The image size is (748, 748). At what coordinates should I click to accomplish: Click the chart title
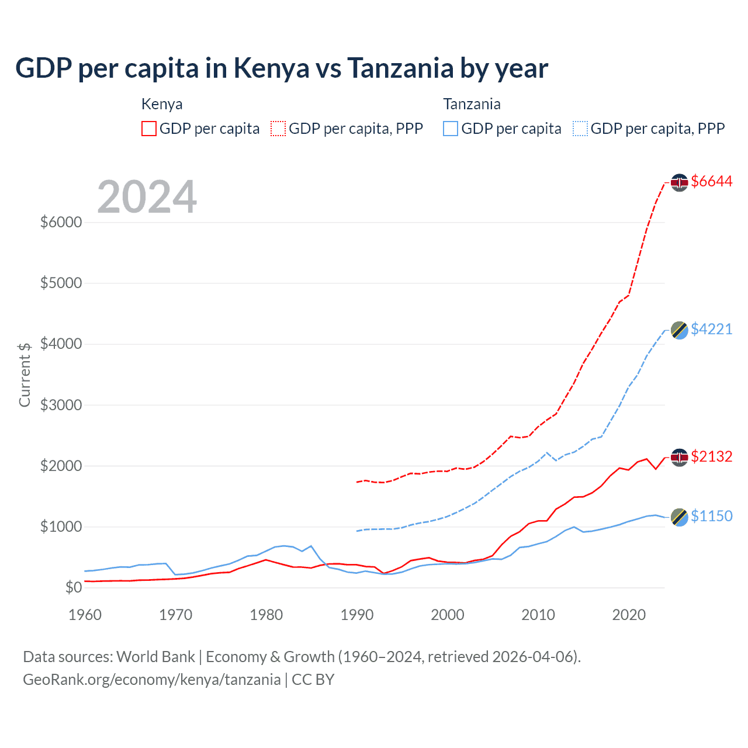pyautogui.click(x=282, y=68)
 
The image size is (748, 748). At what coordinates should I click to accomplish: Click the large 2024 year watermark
pyautogui.click(x=147, y=197)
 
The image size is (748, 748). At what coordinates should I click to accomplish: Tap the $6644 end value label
pyautogui.click(x=711, y=182)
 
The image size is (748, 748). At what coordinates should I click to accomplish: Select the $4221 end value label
pyautogui.click(x=711, y=330)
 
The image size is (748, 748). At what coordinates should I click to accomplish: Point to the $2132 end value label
pyautogui.click(x=711, y=456)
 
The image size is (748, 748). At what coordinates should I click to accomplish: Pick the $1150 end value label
pyautogui.click(x=711, y=516)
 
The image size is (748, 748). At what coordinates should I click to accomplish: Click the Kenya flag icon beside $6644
pyautogui.click(x=679, y=183)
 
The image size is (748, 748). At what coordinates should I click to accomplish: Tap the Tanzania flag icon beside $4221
pyautogui.click(x=679, y=330)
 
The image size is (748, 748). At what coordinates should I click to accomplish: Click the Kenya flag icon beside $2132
pyautogui.click(x=679, y=457)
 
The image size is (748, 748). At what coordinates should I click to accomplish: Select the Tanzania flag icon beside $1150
pyautogui.click(x=679, y=517)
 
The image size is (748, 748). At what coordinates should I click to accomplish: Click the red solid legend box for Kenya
pyautogui.click(x=149, y=129)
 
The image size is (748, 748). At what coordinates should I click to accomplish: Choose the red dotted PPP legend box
pyautogui.click(x=279, y=129)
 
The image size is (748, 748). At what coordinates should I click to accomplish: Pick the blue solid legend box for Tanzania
pyautogui.click(x=451, y=129)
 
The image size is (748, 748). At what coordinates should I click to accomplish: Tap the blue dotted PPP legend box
pyautogui.click(x=580, y=129)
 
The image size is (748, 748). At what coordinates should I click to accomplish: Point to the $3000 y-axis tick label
pyautogui.click(x=61, y=405)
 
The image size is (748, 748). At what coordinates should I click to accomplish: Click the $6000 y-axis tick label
pyautogui.click(x=61, y=223)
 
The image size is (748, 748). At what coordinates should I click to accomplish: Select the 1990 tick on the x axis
pyautogui.click(x=357, y=615)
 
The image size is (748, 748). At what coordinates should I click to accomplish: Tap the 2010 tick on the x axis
pyautogui.click(x=538, y=615)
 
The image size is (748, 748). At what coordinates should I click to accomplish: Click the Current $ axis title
pyautogui.click(x=25, y=375)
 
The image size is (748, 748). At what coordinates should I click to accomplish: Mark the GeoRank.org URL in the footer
pyautogui.click(x=152, y=680)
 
